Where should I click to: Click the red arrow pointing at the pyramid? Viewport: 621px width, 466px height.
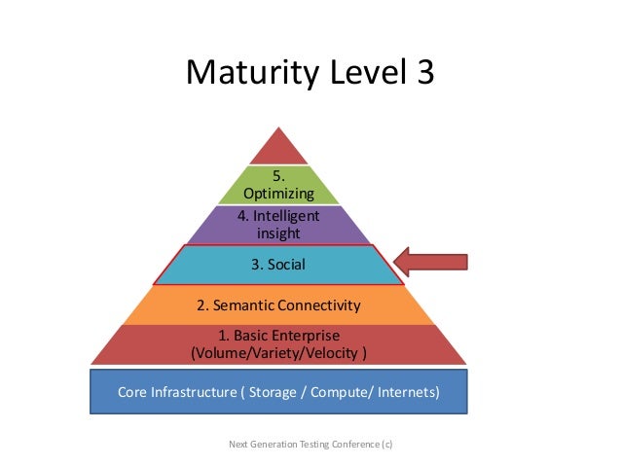[432, 262]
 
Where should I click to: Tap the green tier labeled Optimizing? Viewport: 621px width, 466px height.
[279, 185]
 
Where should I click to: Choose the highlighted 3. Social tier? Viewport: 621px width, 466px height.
[279, 264]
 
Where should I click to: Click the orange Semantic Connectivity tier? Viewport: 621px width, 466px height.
[279, 305]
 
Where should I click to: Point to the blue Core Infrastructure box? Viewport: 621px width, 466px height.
[279, 392]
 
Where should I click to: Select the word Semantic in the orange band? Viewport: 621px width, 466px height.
[238, 305]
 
